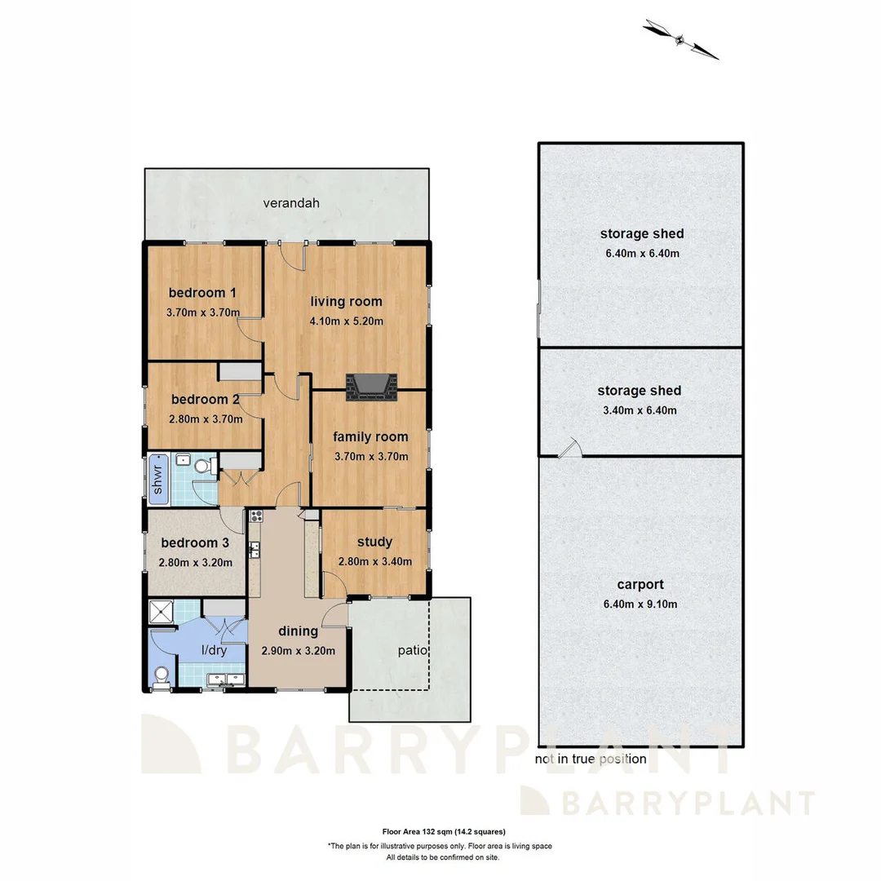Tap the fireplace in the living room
[x=372, y=387]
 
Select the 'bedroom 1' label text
[x=202, y=293]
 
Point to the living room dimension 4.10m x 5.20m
[x=346, y=321]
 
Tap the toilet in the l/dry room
[x=162, y=675]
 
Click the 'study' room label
[x=374, y=542]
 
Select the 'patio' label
[x=414, y=651]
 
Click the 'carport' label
[x=640, y=584]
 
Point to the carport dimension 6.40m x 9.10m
[x=640, y=604]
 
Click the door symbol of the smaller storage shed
[x=570, y=448]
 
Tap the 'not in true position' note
[x=591, y=759]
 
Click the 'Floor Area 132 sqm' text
[x=440, y=833]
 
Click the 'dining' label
[x=298, y=631]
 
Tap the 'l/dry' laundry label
[x=214, y=650]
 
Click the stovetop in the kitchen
[x=255, y=516]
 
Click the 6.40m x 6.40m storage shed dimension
[x=640, y=254]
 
